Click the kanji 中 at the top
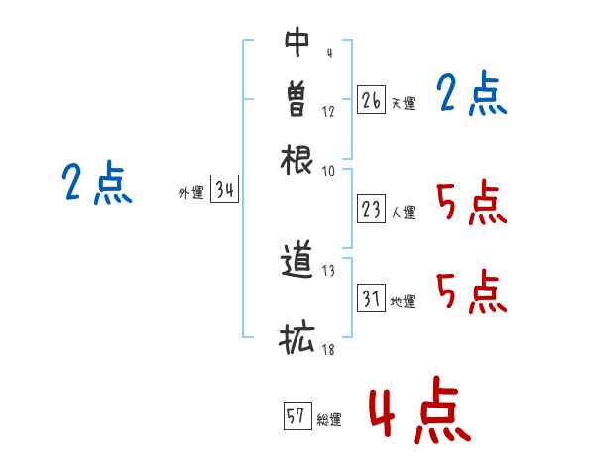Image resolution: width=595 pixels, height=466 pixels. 297,42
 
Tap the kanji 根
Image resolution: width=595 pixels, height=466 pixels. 297,160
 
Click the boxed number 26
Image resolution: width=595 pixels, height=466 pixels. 371,100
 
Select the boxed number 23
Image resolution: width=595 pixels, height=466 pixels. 371,209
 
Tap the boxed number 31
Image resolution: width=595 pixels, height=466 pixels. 371,297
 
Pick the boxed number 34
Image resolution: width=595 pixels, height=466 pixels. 225,188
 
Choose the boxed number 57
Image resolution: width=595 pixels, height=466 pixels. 297,415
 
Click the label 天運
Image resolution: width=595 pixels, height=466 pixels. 404,103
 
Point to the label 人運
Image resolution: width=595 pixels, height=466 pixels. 404,212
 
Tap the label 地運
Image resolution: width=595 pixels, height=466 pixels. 403,302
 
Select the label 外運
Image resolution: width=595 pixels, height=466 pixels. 191,192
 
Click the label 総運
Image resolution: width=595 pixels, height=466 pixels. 329,420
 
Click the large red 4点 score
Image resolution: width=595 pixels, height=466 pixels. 420,410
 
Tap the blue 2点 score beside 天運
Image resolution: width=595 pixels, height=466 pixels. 472,93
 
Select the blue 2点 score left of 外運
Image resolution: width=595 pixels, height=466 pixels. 97,182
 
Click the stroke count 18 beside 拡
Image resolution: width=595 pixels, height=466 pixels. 328,349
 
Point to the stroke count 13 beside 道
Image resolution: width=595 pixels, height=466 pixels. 328,271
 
